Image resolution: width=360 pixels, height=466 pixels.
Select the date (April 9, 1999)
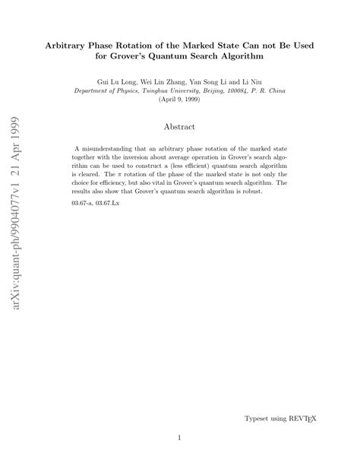point(179,99)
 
